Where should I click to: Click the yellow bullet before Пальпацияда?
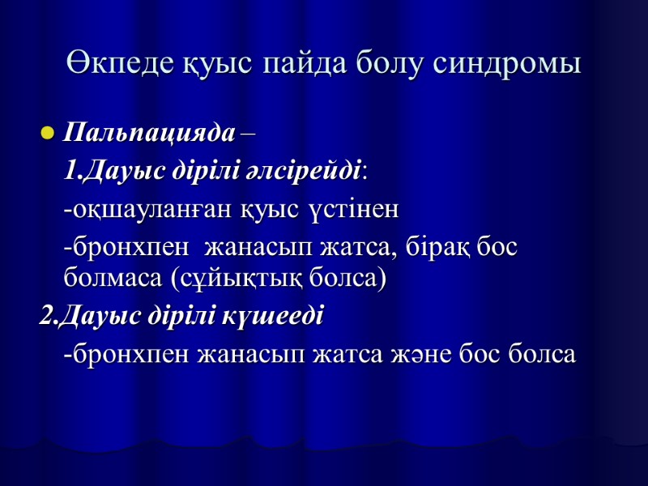[46, 133]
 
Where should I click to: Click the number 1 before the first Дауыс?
[70, 171]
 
